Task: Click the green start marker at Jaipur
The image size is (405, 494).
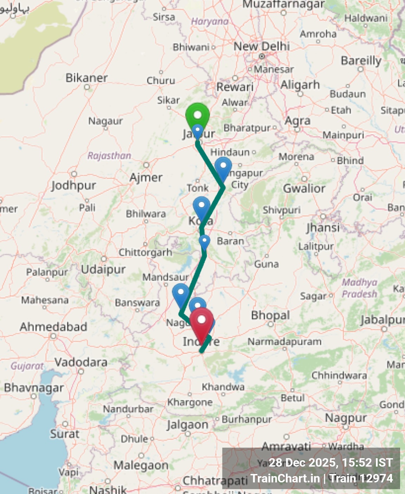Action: pos(197,115)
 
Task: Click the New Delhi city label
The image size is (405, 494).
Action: pos(262,46)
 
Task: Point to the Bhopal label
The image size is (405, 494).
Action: pos(270,315)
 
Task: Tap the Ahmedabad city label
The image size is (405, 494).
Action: pos(53,327)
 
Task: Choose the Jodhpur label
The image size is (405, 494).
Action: pos(73,185)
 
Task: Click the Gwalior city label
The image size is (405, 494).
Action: pos(304,188)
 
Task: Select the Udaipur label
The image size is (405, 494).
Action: pos(103,269)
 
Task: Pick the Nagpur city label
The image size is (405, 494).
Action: pos(346,418)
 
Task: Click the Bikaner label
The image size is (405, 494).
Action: pos(87,78)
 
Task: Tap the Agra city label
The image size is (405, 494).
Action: pos(298,121)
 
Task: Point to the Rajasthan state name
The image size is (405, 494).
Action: pos(109,156)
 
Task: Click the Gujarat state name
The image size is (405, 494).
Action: pos(27,366)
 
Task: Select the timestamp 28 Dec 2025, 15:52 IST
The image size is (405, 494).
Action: pos(331,463)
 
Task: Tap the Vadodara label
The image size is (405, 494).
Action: pos(81,362)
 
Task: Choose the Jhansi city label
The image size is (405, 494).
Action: pos(323,228)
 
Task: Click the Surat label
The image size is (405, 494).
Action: pos(65,434)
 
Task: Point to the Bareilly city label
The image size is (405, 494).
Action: pos(361,61)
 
